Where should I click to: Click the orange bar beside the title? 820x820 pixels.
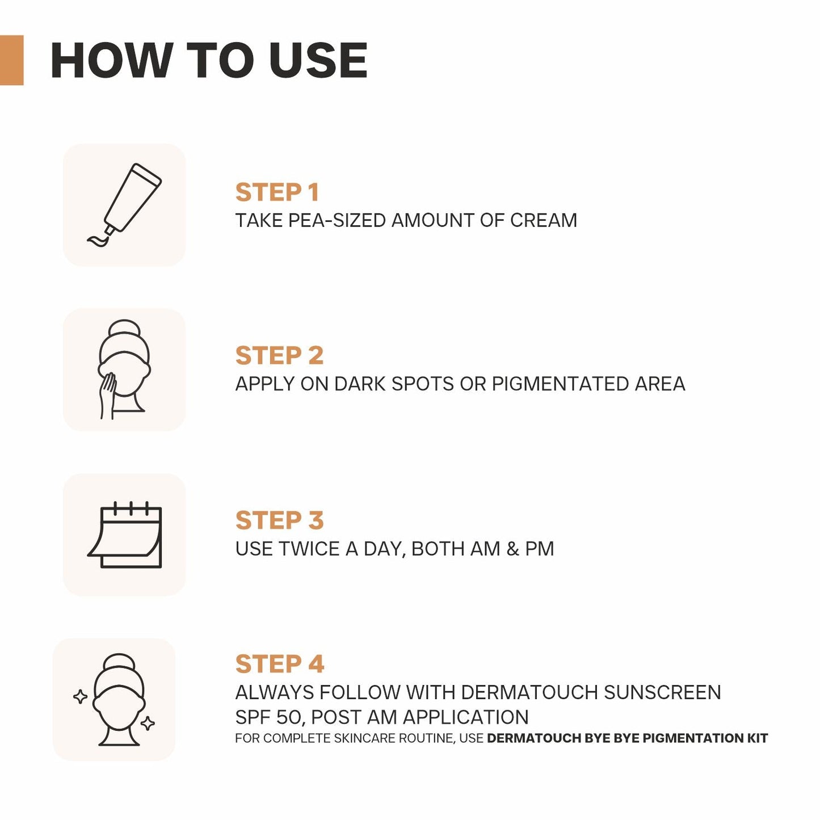pyautogui.click(x=11, y=60)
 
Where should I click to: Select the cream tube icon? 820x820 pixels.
pyautogui.click(x=125, y=204)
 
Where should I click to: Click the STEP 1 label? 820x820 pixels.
pyautogui.click(x=277, y=192)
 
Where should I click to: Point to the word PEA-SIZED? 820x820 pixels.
pyautogui.click(x=337, y=220)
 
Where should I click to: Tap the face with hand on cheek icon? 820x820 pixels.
pyautogui.click(x=124, y=370)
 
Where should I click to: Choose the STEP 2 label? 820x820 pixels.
pyautogui.click(x=279, y=356)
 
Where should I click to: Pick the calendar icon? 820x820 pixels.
pyautogui.click(x=125, y=535)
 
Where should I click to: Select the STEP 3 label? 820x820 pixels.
pyautogui.click(x=279, y=520)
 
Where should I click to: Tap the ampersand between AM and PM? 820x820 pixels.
pyautogui.click(x=512, y=549)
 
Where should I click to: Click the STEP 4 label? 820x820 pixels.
pyautogui.click(x=279, y=664)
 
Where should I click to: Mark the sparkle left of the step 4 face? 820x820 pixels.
pyautogui.click(x=81, y=696)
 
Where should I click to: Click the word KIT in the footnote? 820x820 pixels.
pyautogui.click(x=757, y=738)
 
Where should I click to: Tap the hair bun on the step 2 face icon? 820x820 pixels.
pyautogui.click(x=124, y=330)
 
